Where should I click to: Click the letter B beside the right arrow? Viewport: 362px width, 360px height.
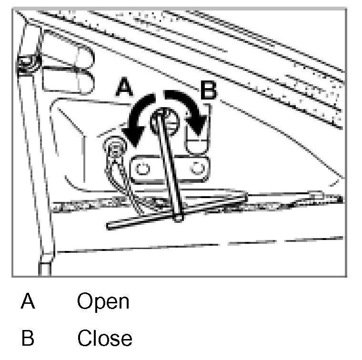[209, 90]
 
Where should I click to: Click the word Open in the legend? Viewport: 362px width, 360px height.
[103, 302]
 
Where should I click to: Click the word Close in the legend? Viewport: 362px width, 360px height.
[105, 338]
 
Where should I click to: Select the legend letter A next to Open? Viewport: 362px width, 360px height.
[28, 302]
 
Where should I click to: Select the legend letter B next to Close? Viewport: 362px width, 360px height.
[28, 338]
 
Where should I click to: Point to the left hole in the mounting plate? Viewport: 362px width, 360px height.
[142, 168]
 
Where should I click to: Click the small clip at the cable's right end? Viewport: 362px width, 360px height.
[315, 195]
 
